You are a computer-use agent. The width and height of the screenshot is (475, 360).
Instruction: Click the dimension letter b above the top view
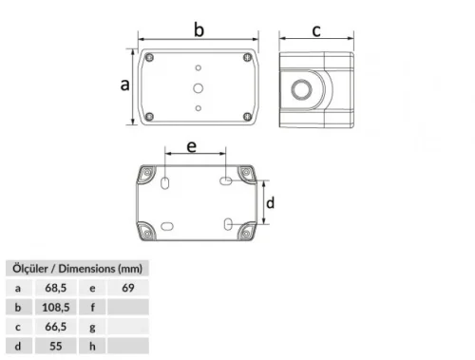tap(199, 29)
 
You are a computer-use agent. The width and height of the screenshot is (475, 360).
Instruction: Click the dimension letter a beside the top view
tap(125, 85)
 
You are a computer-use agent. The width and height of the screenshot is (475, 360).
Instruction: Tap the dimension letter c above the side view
tap(316, 31)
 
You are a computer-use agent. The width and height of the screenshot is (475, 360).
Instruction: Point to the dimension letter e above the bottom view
tap(192, 147)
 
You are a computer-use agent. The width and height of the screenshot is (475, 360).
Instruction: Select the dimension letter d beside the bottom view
tap(270, 202)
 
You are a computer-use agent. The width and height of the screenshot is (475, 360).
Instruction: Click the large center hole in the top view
tap(199, 88)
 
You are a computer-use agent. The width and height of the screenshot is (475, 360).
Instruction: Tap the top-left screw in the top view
tap(149, 58)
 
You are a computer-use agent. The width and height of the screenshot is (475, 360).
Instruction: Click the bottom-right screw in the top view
tap(247, 117)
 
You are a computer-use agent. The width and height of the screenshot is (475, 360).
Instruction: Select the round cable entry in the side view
tap(301, 89)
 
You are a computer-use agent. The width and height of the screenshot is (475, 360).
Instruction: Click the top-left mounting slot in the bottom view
tap(165, 182)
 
